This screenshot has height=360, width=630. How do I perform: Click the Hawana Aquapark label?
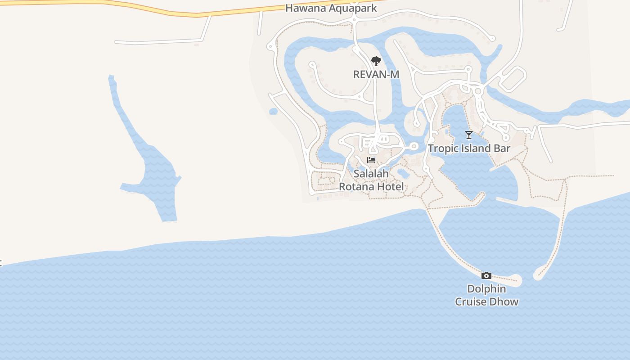pyautogui.click(x=331, y=8)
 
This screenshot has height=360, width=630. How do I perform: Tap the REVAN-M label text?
pyautogui.click(x=376, y=74)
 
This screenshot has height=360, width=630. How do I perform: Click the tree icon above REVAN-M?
pyautogui.click(x=376, y=61)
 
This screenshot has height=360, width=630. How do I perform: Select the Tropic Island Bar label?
pyautogui.click(x=469, y=148)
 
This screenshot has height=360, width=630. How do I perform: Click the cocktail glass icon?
pyautogui.click(x=469, y=135)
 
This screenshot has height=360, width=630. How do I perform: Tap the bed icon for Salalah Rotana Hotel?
pyautogui.click(x=371, y=160)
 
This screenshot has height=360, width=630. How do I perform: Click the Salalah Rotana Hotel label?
pyautogui.click(x=371, y=180)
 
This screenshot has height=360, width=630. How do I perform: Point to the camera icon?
pyautogui.click(x=486, y=275)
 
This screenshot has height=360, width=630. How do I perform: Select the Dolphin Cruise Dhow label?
pyautogui.click(x=486, y=295)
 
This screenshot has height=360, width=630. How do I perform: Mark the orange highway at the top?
pyautogui.click(x=135, y=9)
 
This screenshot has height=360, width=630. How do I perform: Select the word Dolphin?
pyautogui.click(x=486, y=289)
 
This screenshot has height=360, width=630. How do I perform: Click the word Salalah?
pyautogui.click(x=371, y=174)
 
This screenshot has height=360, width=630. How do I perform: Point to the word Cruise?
pyautogui.click(x=471, y=301)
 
